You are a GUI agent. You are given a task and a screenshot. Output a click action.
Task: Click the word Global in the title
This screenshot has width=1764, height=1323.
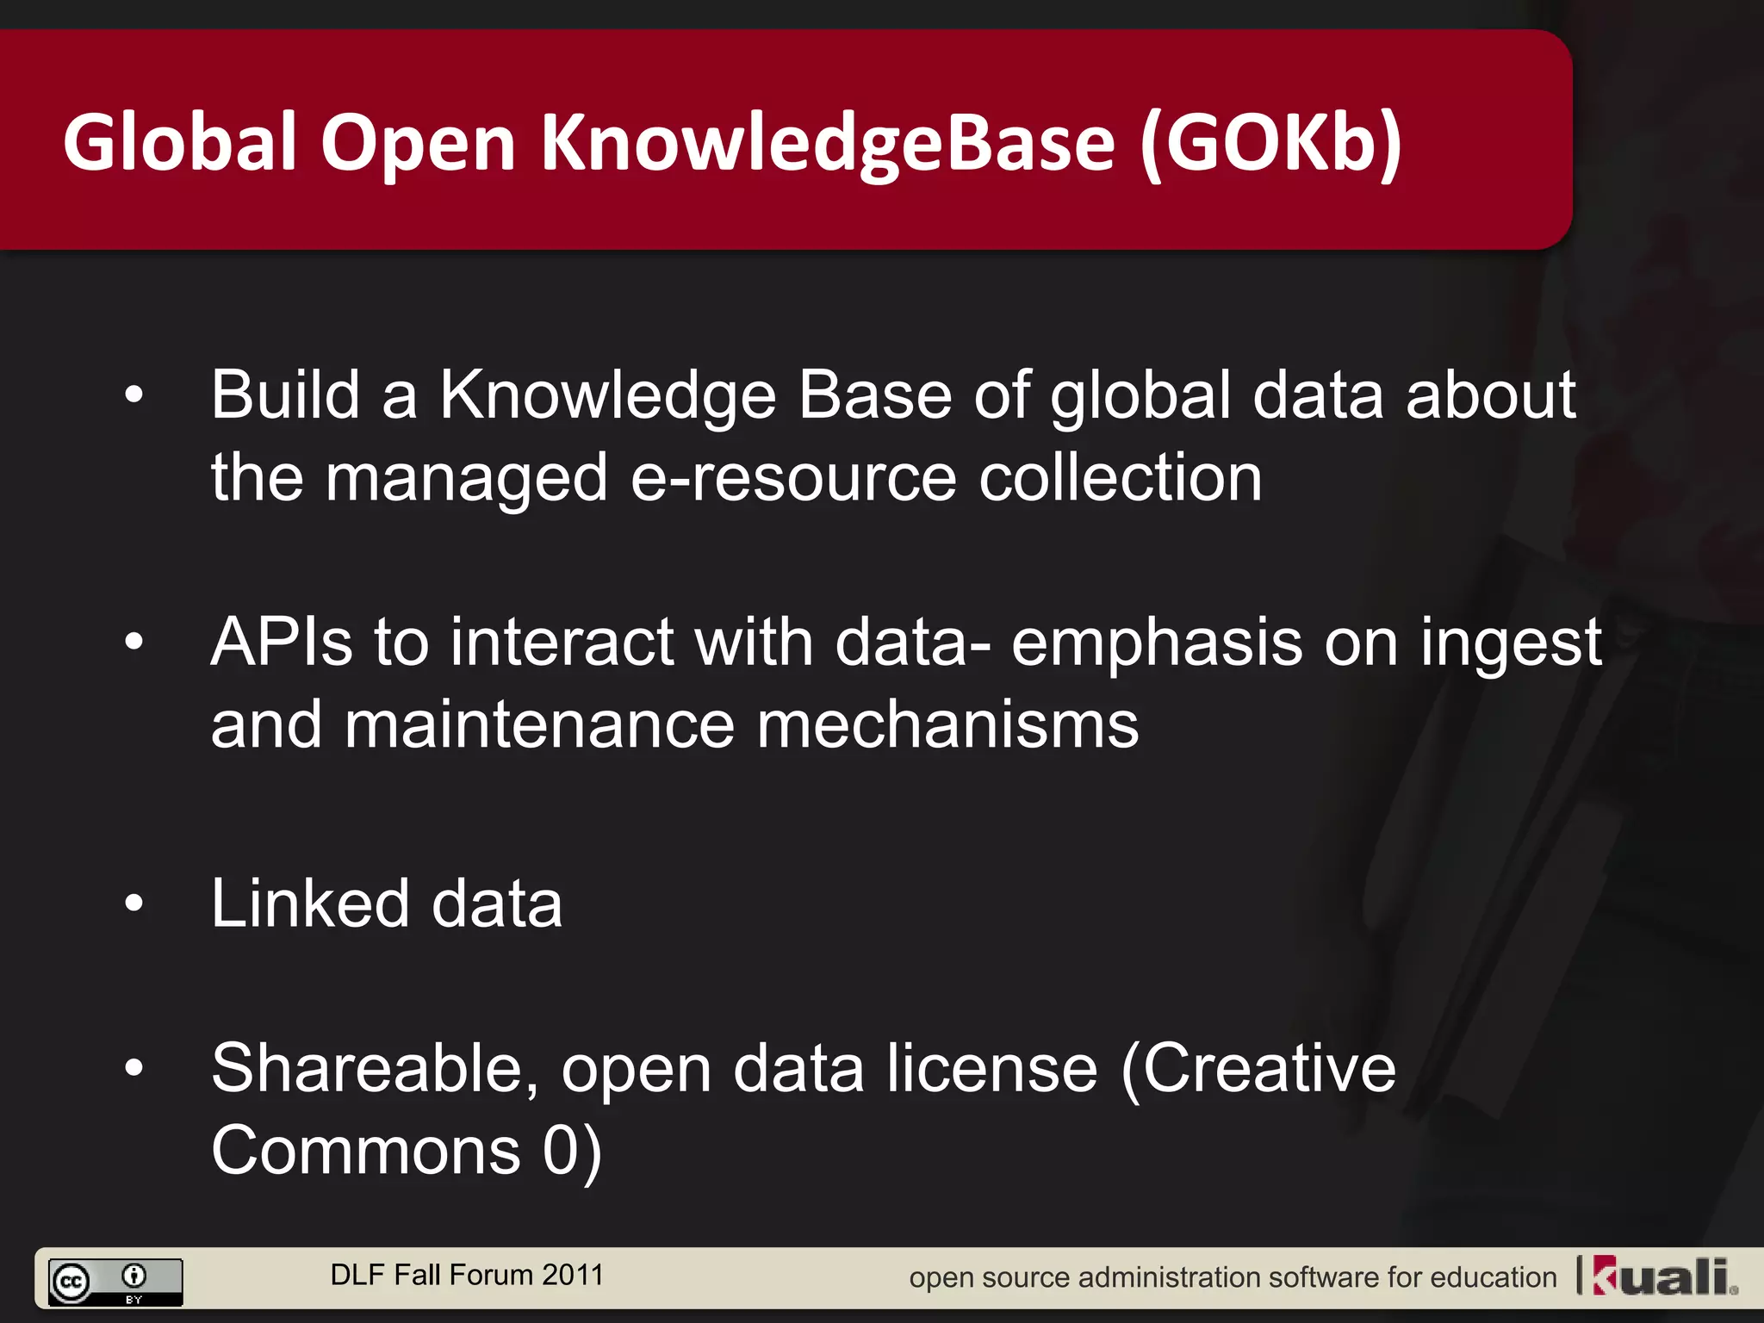180,142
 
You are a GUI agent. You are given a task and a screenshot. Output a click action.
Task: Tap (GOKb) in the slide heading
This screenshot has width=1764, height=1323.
1271,142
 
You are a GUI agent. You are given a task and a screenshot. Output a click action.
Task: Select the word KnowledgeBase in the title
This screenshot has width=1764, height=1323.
827,142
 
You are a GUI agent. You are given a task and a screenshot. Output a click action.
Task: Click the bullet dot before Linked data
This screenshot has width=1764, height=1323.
134,904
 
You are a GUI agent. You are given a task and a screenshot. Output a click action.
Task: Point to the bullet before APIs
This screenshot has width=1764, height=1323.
134,642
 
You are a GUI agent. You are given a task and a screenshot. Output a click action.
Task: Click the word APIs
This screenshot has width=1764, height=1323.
282,642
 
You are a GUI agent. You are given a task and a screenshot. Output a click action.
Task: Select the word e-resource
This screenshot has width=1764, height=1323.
793,478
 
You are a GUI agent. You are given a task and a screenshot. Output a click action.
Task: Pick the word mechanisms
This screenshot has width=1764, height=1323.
947,725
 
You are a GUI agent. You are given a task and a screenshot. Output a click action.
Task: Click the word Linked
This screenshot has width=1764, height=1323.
310,904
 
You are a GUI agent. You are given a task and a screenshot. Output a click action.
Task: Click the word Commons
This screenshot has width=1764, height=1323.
366,1151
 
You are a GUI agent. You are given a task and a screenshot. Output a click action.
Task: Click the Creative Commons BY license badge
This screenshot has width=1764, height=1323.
115,1282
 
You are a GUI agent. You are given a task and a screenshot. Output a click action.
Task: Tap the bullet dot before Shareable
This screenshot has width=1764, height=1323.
134,1069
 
